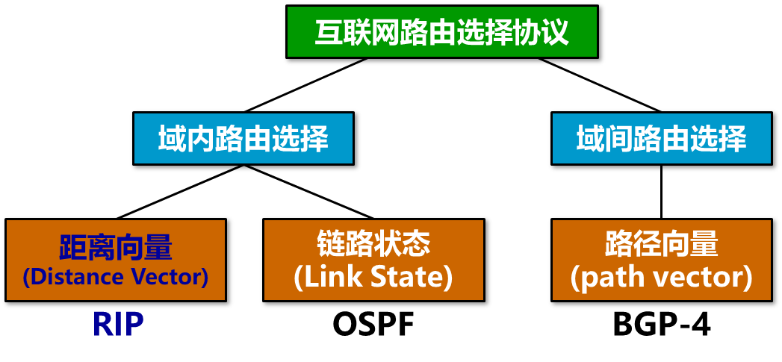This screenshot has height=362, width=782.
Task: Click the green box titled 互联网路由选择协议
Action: (x=442, y=31)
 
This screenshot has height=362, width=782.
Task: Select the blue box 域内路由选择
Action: (x=243, y=138)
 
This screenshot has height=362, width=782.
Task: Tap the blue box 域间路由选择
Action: (x=661, y=138)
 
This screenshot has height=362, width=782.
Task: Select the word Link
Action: (x=323, y=278)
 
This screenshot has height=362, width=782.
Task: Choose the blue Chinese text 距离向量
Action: (x=116, y=246)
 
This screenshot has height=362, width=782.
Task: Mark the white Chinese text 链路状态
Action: (x=373, y=244)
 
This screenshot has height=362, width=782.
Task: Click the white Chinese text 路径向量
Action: (x=661, y=244)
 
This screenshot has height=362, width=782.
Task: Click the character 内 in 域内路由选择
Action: (x=200, y=139)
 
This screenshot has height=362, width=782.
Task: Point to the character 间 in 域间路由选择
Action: (x=618, y=139)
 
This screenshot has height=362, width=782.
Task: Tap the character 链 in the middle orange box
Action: (x=331, y=244)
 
